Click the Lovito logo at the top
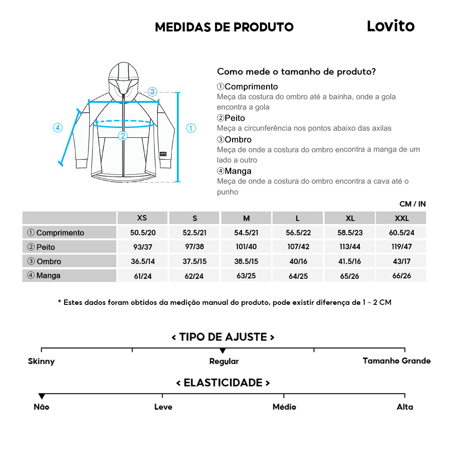[391, 26]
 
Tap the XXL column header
[401, 218]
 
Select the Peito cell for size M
[246, 247]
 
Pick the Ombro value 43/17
[401, 261]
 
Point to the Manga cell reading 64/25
[298, 276]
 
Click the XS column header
[142, 218]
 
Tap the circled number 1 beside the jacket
[191, 128]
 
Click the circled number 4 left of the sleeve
[57, 128]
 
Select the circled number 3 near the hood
[152, 92]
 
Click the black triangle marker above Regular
[223, 351]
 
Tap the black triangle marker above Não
[42, 396]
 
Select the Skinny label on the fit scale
[41, 361]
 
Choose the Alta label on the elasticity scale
[405, 407]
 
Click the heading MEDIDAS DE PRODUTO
[224, 27]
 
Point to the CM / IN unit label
[412, 204]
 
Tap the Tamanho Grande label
[396, 361]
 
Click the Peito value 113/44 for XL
[350, 247]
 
